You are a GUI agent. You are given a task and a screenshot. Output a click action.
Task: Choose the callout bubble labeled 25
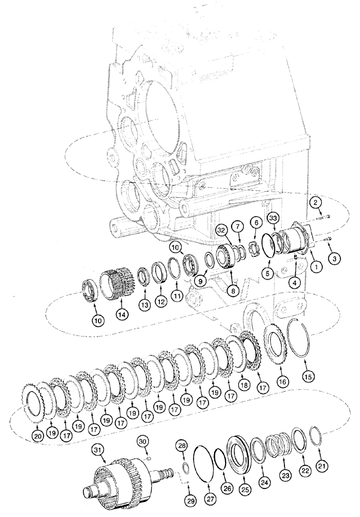(245, 489)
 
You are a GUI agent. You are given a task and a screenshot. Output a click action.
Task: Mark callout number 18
(243, 385)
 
